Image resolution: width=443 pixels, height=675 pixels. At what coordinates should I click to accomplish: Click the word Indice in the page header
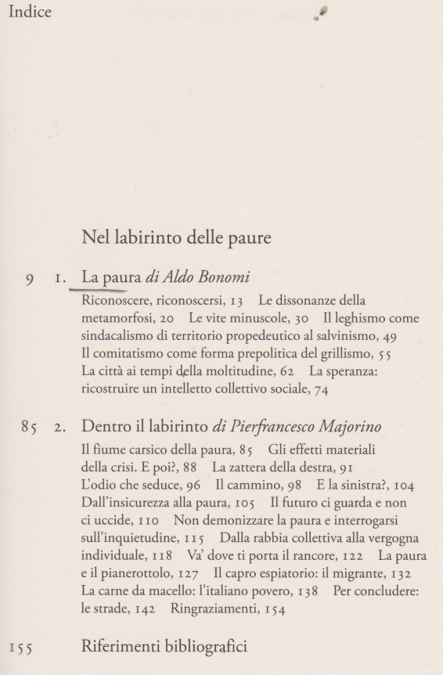[30, 12]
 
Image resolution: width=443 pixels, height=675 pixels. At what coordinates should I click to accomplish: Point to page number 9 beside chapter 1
[29, 280]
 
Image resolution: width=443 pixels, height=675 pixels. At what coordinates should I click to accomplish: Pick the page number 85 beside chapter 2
[30, 428]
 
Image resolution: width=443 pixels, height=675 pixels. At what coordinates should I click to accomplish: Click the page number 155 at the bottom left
[20, 648]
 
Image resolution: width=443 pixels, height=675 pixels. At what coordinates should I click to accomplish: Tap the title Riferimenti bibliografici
[164, 646]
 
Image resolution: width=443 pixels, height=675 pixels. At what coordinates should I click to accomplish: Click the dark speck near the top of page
[322, 11]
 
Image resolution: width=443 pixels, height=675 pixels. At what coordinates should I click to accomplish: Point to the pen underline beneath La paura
[110, 290]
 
